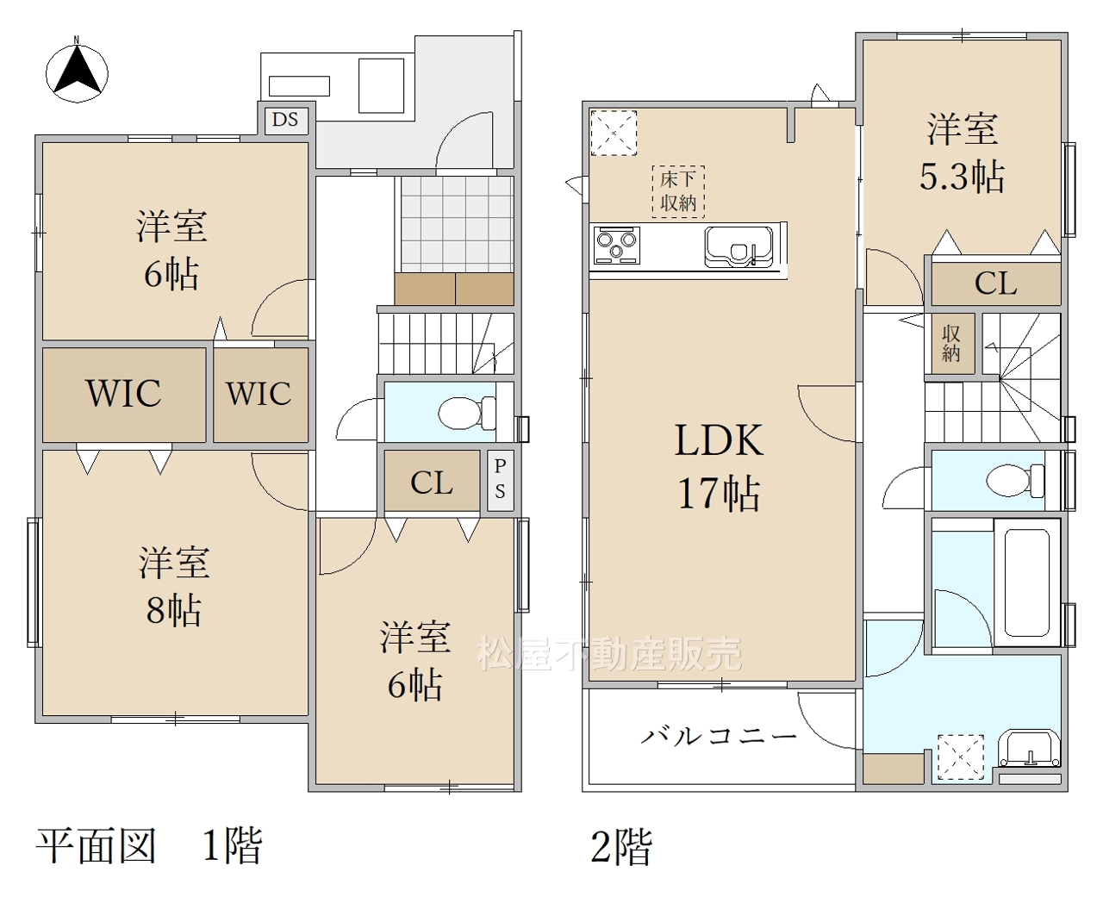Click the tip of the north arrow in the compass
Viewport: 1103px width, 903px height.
click(78, 47)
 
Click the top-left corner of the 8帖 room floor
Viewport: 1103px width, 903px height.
click(43, 451)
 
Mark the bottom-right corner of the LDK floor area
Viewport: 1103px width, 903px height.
click(856, 680)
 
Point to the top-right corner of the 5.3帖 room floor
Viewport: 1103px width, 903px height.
click(1061, 40)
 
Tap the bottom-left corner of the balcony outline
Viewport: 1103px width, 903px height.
click(583, 791)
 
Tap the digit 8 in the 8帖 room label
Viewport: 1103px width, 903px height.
click(155, 610)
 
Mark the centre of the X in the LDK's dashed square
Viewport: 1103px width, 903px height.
click(614, 133)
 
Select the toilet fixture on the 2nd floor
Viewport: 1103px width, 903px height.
click(1015, 481)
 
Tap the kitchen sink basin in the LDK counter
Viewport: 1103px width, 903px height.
click(738, 246)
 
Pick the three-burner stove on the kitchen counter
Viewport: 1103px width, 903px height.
click(617, 246)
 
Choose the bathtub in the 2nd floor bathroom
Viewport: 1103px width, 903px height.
click(1027, 582)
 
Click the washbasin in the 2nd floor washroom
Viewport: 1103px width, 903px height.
click(1029, 749)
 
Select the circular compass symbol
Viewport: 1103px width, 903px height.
click(78, 73)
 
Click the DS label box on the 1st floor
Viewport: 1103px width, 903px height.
click(285, 120)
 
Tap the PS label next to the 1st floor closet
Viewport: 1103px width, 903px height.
click(501, 479)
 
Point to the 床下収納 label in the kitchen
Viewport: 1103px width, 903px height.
click(678, 192)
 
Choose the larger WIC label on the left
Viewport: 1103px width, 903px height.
click(124, 393)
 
